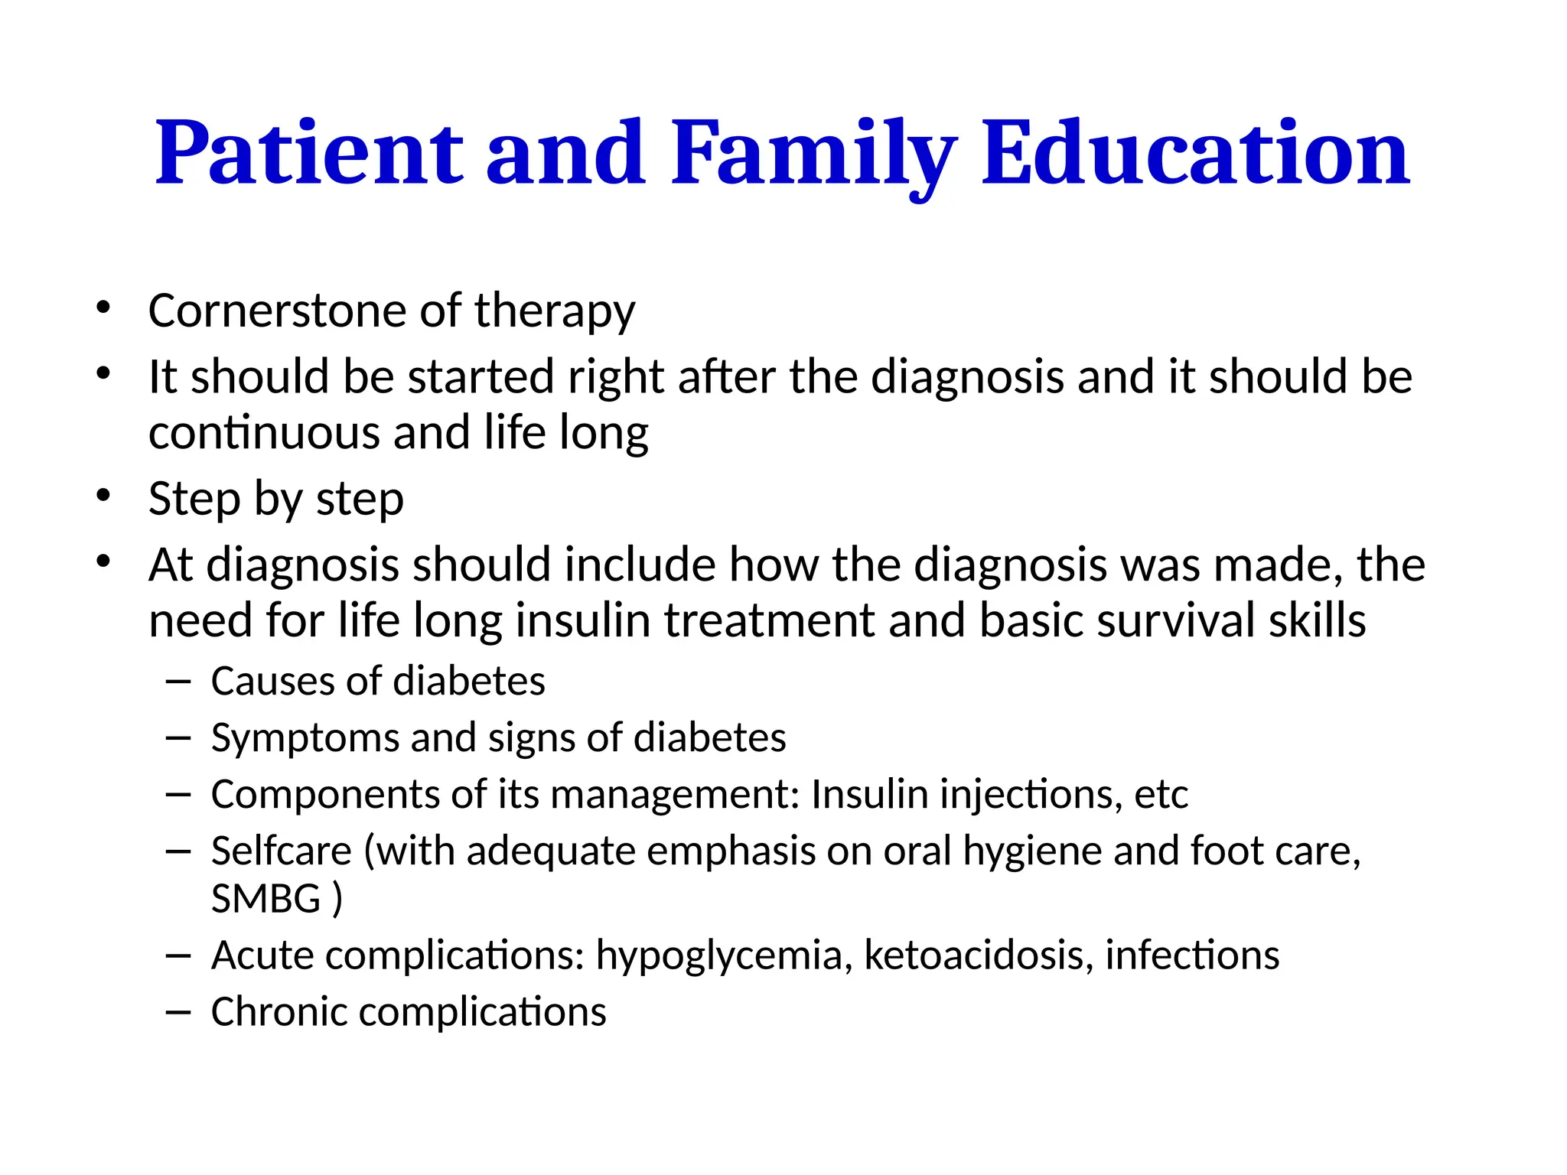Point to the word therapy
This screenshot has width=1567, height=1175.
pos(555,312)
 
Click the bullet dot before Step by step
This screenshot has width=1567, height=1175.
pos(103,496)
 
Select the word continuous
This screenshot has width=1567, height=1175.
pos(264,433)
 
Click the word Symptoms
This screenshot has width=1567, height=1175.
pos(304,739)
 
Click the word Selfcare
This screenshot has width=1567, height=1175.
pos(281,851)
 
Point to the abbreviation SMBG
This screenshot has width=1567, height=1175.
pos(266,899)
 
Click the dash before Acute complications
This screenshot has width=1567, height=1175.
pos(178,955)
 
